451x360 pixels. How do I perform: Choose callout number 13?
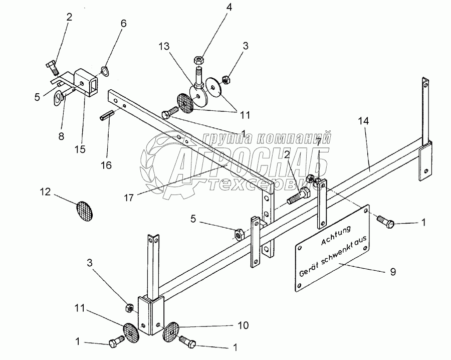165,46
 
